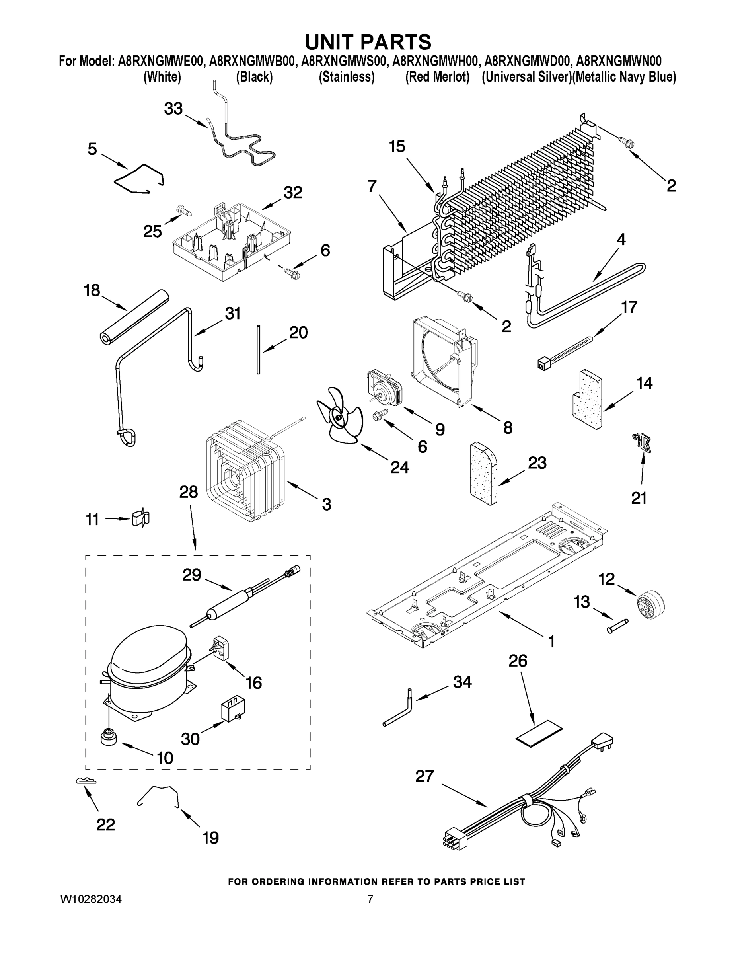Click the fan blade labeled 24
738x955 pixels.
pos(339,416)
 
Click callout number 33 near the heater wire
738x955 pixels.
pos(173,109)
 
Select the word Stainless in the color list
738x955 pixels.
pos(346,77)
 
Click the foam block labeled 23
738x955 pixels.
pos(483,474)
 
